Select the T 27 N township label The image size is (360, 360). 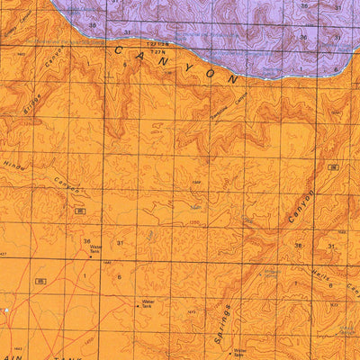[x=158, y=51]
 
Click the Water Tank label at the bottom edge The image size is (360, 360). [x=239, y=353]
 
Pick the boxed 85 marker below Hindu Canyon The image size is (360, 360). [x=80, y=211]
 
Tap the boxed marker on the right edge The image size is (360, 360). [x=333, y=167]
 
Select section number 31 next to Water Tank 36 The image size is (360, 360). [x=118, y=243]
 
